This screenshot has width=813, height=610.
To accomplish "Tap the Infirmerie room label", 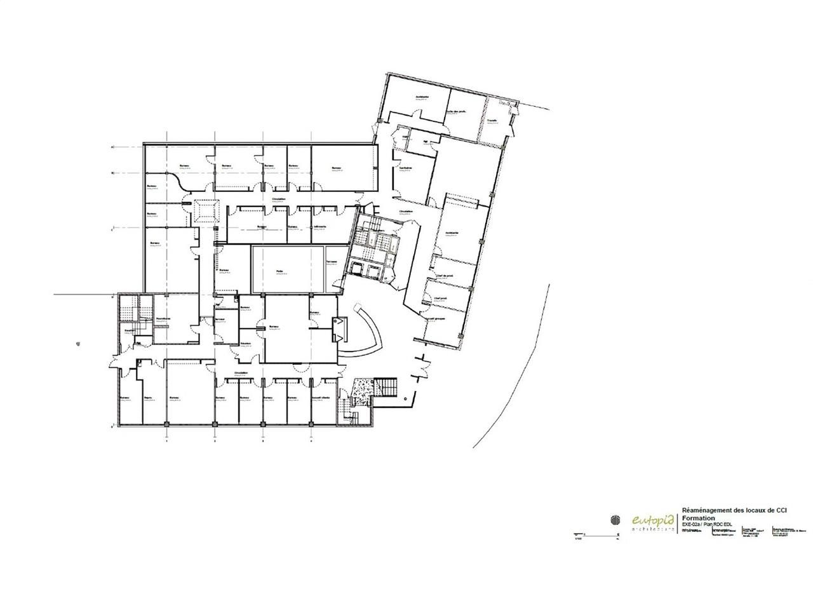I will click(320, 227).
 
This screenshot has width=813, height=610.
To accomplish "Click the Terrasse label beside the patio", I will click(332, 262).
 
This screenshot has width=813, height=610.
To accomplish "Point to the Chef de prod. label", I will click(444, 275).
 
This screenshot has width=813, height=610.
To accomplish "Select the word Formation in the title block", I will click(697, 518).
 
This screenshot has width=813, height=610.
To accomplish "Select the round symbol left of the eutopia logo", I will click(615, 520).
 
